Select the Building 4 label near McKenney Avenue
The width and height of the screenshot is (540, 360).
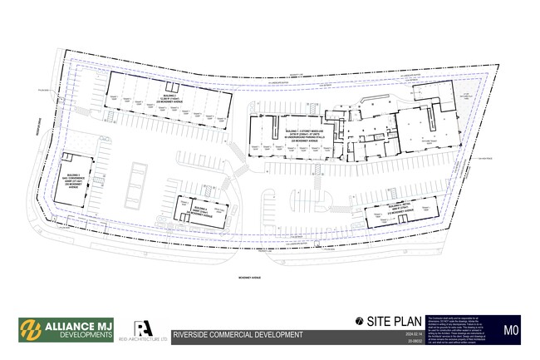[x=197, y=211]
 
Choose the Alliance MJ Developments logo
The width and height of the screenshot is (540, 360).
[x=67, y=330]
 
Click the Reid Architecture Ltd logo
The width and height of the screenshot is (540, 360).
[x=146, y=329]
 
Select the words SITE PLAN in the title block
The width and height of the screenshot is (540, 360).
[x=390, y=321]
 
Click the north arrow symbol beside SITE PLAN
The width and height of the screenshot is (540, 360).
[x=358, y=321]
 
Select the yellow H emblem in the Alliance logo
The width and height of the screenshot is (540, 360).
[x=31, y=330]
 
